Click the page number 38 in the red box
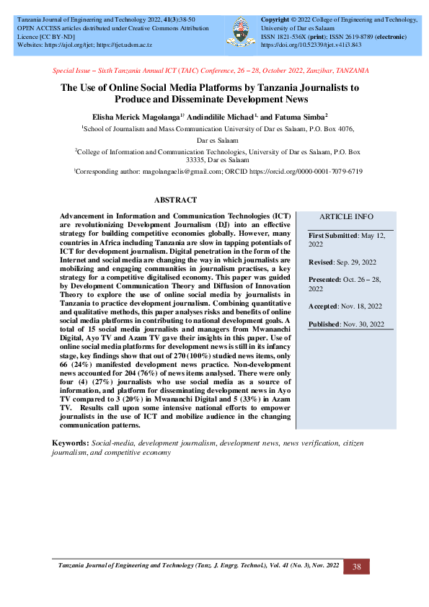click(x=356, y=567)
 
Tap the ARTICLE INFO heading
click(x=346, y=216)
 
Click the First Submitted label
click(x=333, y=236)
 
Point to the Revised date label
click(x=322, y=262)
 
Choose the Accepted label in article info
click(x=327, y=306)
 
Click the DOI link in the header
click(x=310, y=45)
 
